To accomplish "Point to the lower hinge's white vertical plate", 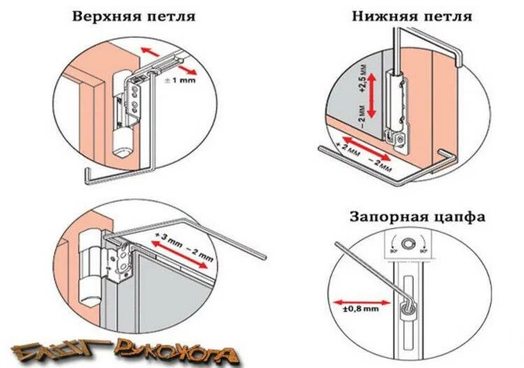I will (x=398, y=105).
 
